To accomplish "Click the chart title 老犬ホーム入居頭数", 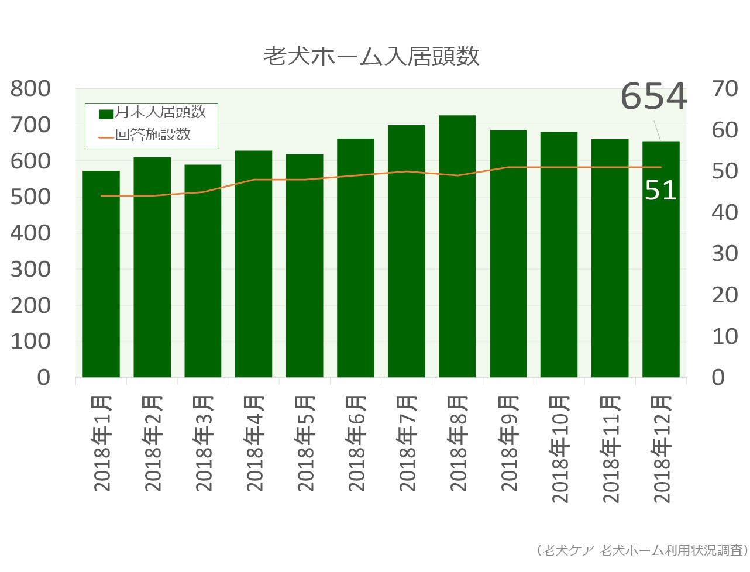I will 371,57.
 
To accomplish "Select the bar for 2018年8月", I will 457,246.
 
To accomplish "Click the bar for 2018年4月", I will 253,264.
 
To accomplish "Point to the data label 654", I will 653,97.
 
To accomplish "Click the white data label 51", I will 660,191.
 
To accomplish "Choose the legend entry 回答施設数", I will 153,135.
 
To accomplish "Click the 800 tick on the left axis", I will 31,89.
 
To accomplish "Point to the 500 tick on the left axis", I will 31,197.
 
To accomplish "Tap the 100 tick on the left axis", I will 31,341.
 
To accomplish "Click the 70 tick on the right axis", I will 724,89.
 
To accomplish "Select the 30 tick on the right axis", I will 724,254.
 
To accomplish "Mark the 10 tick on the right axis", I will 724,336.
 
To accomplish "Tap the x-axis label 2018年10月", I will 559,449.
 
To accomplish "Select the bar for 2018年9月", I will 508,254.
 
